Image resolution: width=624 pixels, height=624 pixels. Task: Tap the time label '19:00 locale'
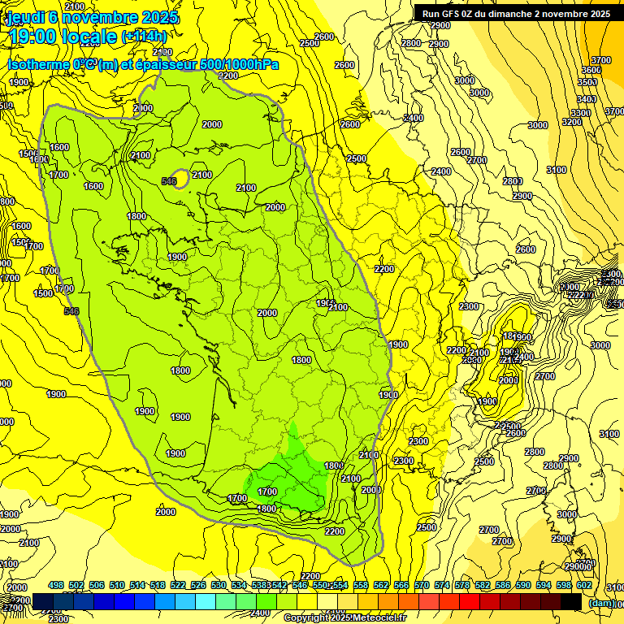[63, 37]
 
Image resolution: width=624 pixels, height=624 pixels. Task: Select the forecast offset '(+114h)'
[145, 37]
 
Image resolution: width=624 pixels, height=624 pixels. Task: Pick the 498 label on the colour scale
[56, 585]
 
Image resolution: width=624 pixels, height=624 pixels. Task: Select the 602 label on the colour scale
[584, 585]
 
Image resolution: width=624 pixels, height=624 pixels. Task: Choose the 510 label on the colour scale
[117, 585]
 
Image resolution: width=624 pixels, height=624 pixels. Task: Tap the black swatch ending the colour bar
[571, 601]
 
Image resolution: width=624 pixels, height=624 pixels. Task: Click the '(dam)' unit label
[601, 603]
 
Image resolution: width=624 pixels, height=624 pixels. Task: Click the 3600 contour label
[591, 70]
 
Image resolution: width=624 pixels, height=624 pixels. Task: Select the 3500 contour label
[587, 82]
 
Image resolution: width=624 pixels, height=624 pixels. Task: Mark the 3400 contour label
[587, 99]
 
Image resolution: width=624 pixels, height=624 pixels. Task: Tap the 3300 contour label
[581, 113]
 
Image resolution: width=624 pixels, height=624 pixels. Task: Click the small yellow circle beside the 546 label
[183, 178]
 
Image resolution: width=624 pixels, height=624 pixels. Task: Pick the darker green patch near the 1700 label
[292, 479]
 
